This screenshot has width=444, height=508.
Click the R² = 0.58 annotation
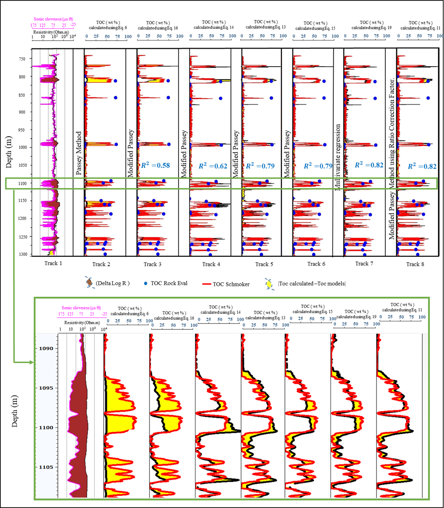click(x=155, y=165)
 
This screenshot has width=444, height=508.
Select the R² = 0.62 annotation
click(x=213, y=166)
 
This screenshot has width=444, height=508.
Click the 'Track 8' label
click(x=413, y=264)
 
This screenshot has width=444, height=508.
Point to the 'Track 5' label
click(x=264, y=264)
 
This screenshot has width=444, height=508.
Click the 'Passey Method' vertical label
click(x=78, y=153)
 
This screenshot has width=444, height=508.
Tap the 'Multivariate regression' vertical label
click(x=337, y=157)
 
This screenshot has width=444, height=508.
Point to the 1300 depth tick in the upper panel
click(x=23, y=255)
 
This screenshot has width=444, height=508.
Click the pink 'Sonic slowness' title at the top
click(x=52, y=19)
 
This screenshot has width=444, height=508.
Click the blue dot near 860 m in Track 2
click(x=115, y=98)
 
